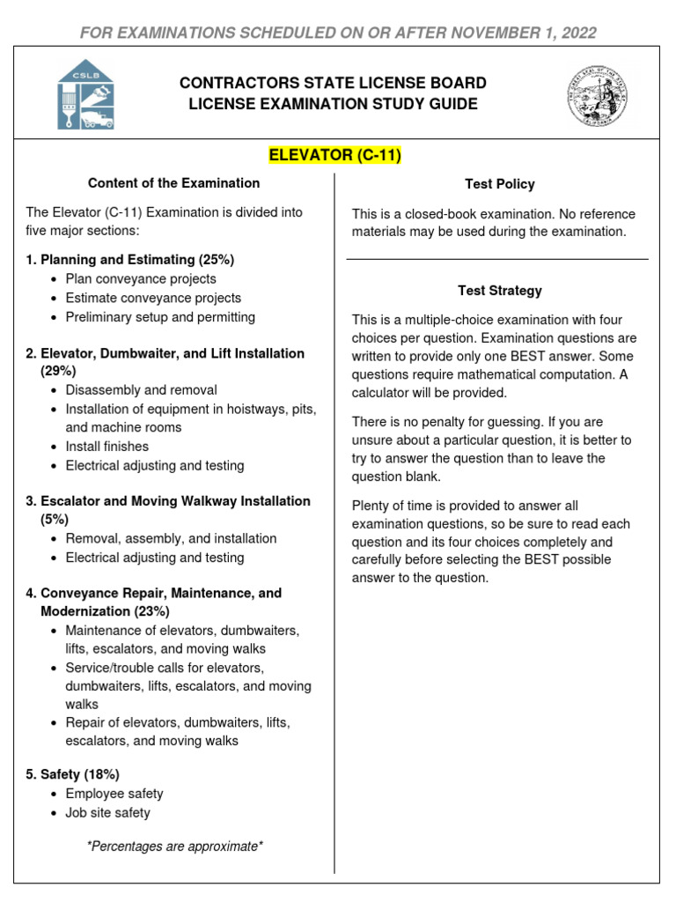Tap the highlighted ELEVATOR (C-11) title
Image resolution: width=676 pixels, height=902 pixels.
(x=334, y=157)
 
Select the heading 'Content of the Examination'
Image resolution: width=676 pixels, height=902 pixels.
(x=174, y=183)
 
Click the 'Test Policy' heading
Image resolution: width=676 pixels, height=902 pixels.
(x=499, y=184)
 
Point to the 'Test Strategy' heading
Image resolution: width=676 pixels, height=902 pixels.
(x=499, y=290)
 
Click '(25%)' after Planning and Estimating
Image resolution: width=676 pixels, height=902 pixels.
(x=216, y=260)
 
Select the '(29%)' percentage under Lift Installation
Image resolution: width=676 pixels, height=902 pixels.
(x=58, y=372)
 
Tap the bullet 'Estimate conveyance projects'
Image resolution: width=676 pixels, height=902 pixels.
(x=153, y=298)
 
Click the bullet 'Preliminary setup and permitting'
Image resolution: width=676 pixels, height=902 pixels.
(x=160, y=317)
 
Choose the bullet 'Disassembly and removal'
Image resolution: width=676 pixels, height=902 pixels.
(x=141, y=389)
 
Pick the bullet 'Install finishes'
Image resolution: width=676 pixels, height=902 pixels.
(x=107, y=447)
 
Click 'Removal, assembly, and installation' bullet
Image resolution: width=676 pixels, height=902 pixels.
(x=171, y=538)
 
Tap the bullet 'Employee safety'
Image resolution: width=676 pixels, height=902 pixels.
(x=114, y=794)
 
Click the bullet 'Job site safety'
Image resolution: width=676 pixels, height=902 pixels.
(x=107, y=813)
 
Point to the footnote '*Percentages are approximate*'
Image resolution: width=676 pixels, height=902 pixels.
(x=175, y=847)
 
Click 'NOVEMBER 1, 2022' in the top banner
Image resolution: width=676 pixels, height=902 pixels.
(x=525, y=33)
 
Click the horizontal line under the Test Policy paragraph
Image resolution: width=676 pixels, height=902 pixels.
(x=497, y=259)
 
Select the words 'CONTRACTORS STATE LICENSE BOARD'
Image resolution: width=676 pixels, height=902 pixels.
(x=333, y=84)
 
